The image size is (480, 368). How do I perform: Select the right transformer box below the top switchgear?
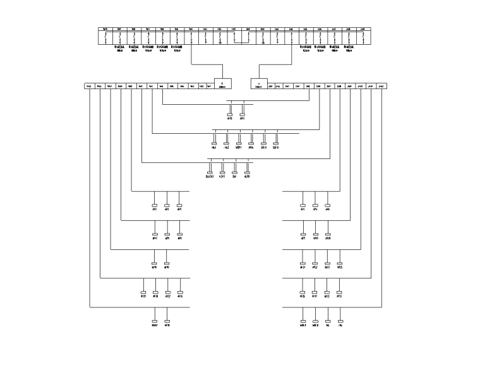(x=260, y=83)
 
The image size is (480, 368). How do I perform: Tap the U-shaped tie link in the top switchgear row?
(x=241, y=41)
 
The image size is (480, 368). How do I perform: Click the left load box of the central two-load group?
(x=230, y=115)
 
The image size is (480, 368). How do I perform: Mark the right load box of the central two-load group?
(x=243, y=115)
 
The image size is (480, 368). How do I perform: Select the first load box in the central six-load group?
(x=214, y=143)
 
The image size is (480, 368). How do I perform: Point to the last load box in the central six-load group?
(x=275, y=143)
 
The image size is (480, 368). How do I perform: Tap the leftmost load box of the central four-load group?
(x=209, y=172)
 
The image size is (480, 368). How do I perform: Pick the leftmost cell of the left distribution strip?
(x=89, y=86)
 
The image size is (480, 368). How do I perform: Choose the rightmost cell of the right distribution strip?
(x=381, y=86)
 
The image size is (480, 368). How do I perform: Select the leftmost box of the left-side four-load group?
(x=143, y=292)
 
